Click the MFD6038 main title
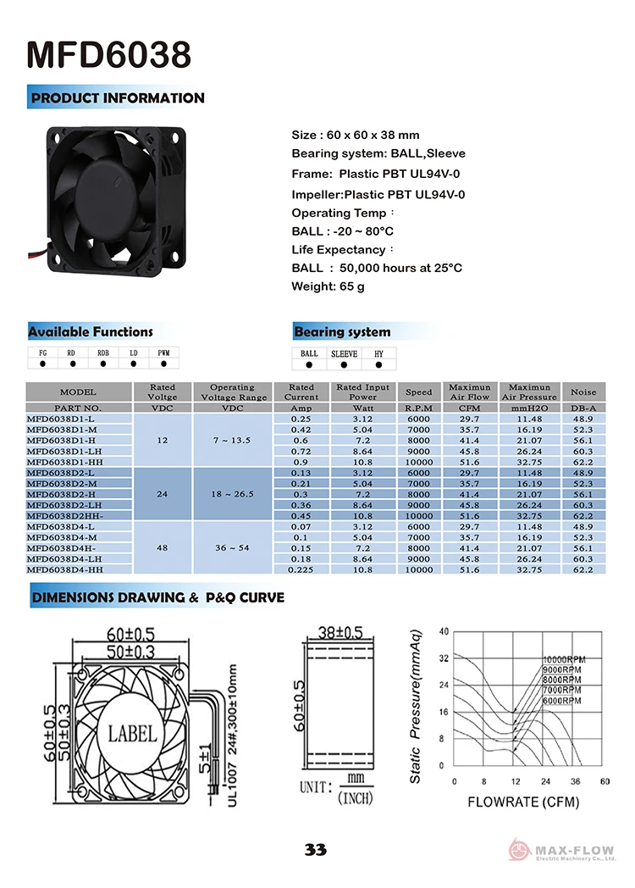click(109, 55)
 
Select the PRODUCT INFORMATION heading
click(118, 98)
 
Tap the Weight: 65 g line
click(328, 286)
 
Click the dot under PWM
click(163, 364)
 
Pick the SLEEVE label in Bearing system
click(344, 353)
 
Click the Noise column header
click(583, 392)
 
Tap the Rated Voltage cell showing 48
click(163, 548)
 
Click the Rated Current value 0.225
click(301, 570)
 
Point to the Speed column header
click(418, 392)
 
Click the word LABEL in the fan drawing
click(132, 732)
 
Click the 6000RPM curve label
click(561, 702)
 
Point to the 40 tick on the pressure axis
click(444, 632)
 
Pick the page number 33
click(317, 850)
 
